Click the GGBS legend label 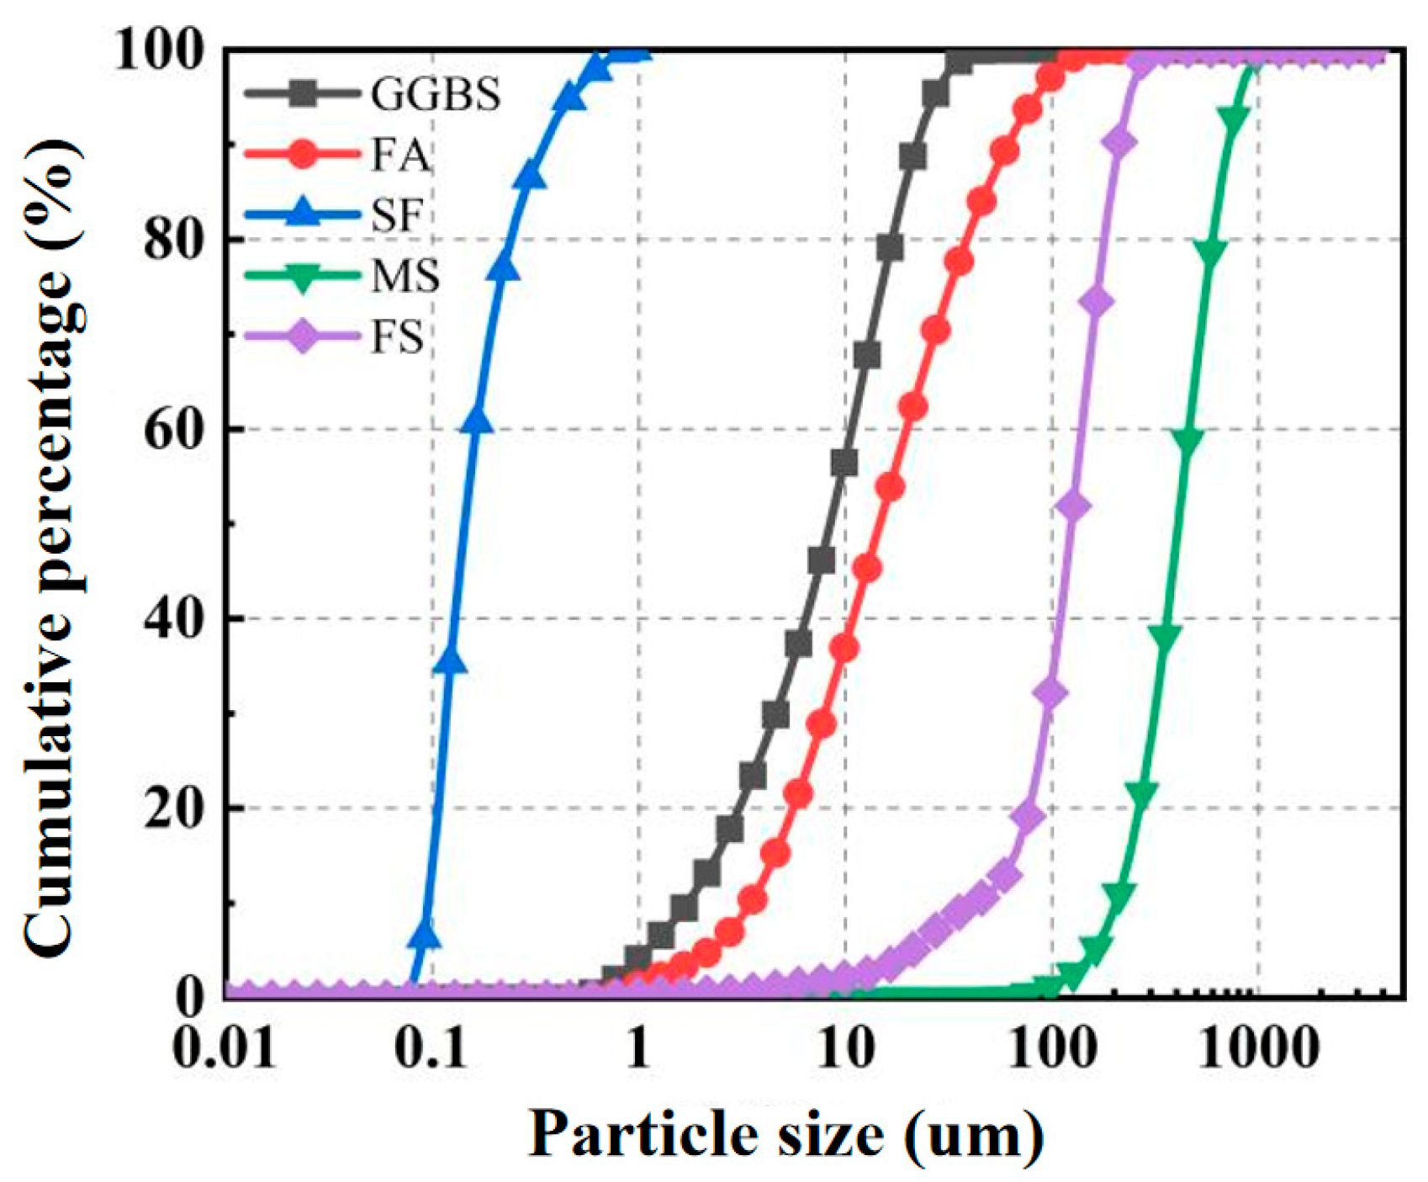[435, 94]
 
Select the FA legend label [399, 156]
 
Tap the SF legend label [396, 216]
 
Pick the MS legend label [405, 277]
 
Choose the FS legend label [397, 337]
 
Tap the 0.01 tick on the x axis [225, 1049]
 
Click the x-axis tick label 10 [844, 1049]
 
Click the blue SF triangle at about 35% [452, 662]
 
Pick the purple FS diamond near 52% [1073, 507]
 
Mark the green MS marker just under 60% [1187, 442]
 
